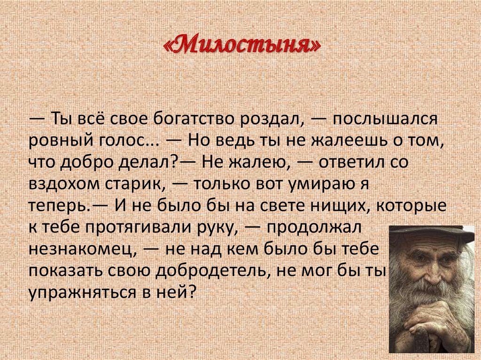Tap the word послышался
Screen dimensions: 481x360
click(385, 119)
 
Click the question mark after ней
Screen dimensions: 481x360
click(191, 292)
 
